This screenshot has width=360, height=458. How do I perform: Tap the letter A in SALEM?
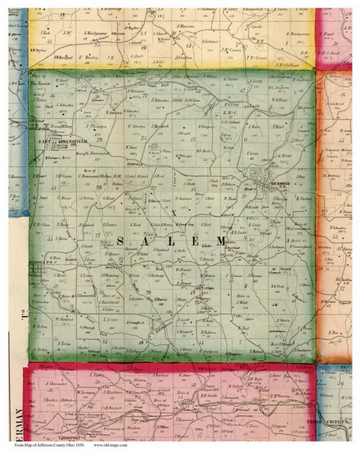(x=145, y=242)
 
